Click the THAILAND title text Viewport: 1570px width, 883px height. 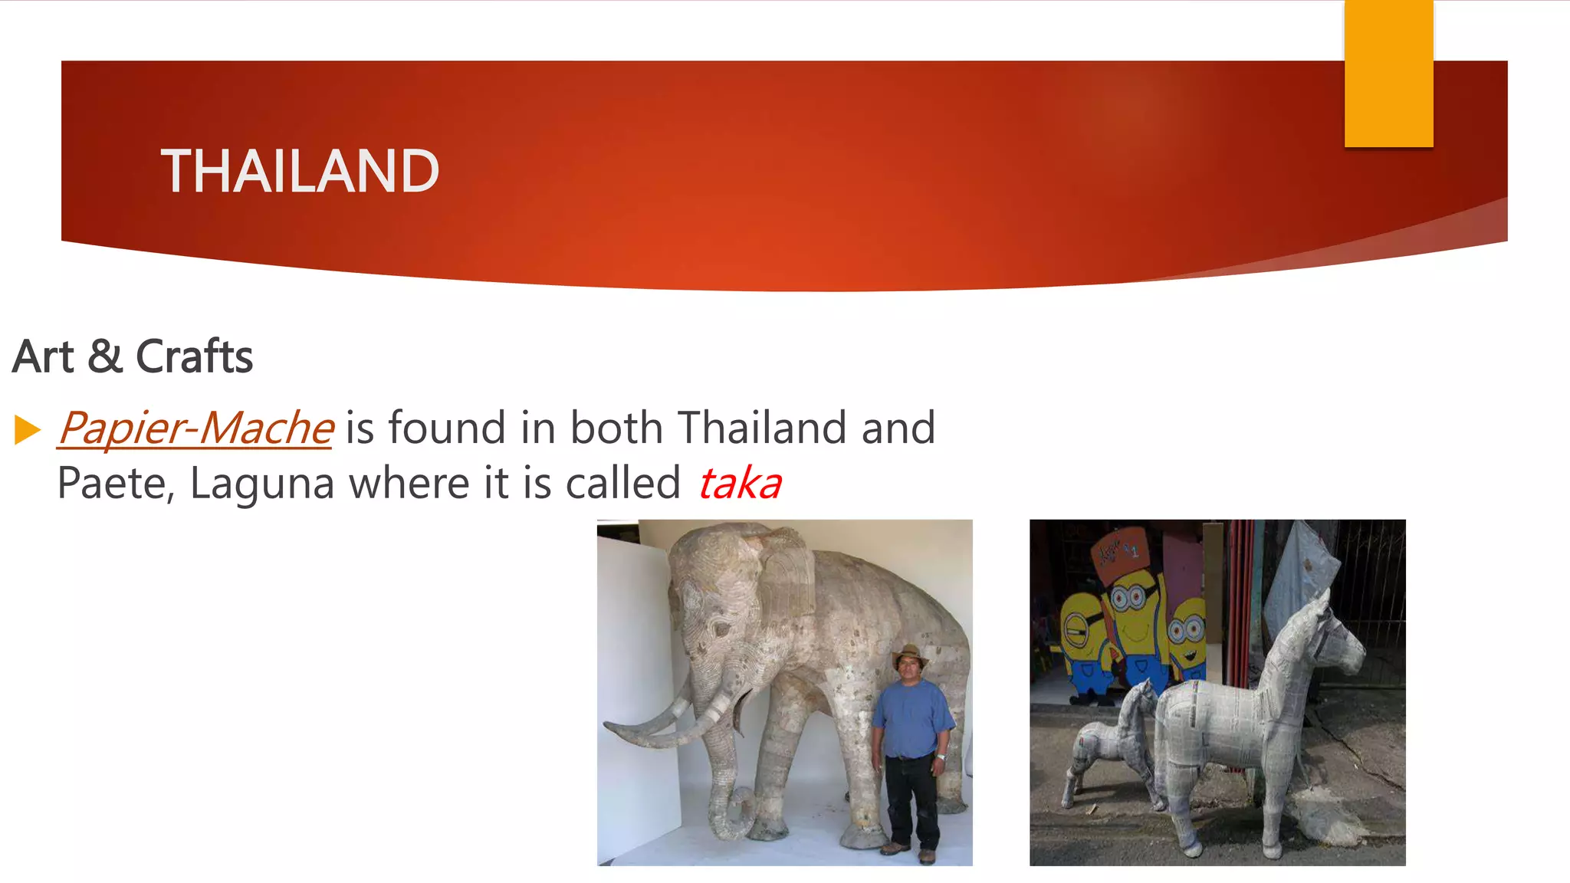point(300,171)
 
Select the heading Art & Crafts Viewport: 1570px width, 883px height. point(133,356)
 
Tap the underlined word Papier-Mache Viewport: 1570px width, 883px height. point(196,428)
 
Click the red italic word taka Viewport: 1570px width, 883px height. point(740,484)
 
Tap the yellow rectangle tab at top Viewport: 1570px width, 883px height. point(1388,74)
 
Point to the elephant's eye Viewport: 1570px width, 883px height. point(721,629)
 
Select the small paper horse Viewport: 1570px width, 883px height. point(1112,743)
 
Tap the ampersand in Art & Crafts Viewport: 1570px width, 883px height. point(105,356)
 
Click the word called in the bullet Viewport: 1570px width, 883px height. point(622,484)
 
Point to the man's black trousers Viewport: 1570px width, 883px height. point(911,797)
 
